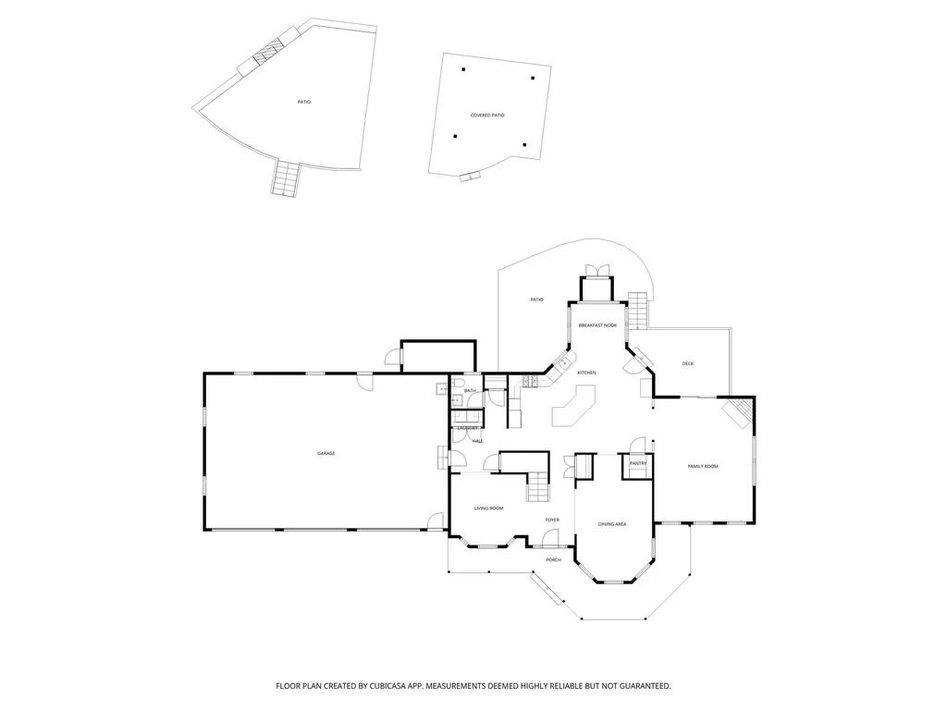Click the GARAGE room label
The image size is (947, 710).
click(x=326, y=453)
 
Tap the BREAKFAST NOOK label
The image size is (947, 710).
click(x=596, y=325)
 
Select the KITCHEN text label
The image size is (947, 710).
click(x=586, y=373)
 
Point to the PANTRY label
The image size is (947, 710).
click(x=637, y=463)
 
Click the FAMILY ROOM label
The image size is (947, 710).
click(x=703, y=466)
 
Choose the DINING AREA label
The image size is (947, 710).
click(x=612, y=524)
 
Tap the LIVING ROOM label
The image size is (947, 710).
click(x=488, y=508)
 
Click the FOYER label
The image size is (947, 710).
click(x=552, y=520)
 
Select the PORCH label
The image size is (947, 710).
click(x=553, y=559)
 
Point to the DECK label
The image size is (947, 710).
click(x=687, y=363)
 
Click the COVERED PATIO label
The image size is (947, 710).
click(x=487, y=115)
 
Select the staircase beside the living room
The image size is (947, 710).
click(x=538, y=486)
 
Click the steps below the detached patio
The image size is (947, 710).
click(x=287, y=177)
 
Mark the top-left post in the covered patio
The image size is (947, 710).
click(x=464, y=69)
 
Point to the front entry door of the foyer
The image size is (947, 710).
click(x=551, y=538)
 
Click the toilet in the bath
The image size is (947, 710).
click(x=458, y=383)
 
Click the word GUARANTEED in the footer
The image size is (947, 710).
click(x=637, y=686)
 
